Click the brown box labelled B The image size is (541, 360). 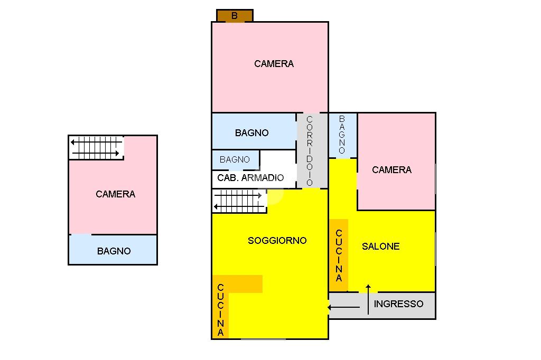[235, 16]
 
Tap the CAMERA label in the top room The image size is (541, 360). [274, 64]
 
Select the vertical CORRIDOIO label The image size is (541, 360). [310, 151]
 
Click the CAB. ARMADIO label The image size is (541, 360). [250, 178]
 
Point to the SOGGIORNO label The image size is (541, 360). [277, 241]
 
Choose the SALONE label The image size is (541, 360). [380, 247]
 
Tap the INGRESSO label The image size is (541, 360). [398, 304]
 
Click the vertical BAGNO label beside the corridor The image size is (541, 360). [342, 135]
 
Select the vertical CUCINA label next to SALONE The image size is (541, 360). [339, 255]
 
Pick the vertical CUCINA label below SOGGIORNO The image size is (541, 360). [220, 310]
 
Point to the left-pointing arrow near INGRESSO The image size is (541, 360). [343, 307]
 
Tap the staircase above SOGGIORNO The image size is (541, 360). [239, 201]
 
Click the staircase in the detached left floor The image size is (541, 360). [96, 148]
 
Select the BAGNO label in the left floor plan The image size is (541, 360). [114, 251]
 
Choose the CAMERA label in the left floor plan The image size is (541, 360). [115, 194]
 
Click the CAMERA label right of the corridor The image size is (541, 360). [391, 170]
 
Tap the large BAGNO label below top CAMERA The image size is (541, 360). [251, 133]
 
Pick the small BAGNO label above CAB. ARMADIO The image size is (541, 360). [235, 159]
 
